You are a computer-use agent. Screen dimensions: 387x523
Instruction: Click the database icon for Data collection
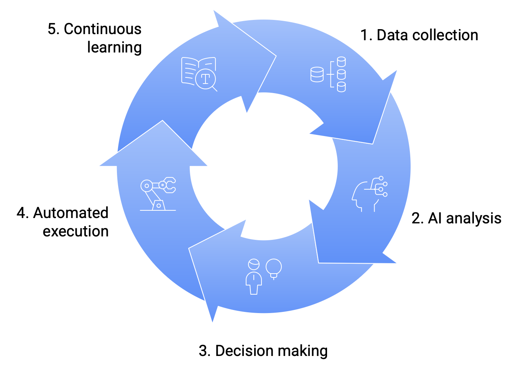328,74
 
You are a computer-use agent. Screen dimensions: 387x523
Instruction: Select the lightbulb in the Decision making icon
274,268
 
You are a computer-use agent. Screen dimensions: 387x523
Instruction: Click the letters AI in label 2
435,218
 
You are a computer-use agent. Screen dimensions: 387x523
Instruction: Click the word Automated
71,213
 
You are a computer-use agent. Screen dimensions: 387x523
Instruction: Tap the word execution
76,231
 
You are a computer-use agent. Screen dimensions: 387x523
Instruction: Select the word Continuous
102,29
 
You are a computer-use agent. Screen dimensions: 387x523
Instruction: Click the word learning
114,48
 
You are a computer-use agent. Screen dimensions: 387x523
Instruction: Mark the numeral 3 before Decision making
203,351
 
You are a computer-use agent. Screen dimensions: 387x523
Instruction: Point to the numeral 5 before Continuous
52,29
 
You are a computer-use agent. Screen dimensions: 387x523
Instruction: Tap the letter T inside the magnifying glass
206,79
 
